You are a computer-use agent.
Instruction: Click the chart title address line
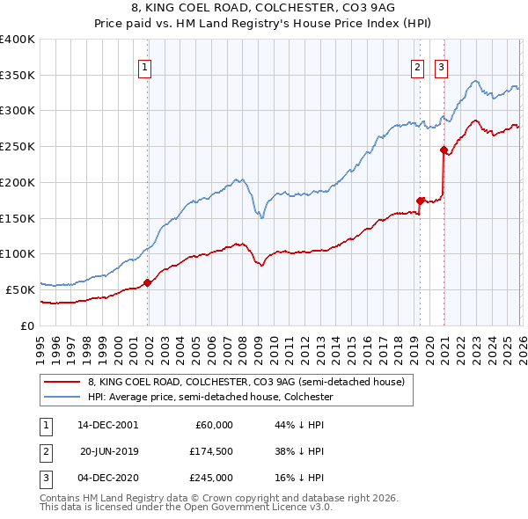point(263,9)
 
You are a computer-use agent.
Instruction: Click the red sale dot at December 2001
point(148,282)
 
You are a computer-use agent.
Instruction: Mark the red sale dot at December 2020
point(443,150)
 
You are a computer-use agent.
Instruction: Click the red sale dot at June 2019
point(420,201)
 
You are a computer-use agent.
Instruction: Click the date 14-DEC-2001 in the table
point(107,424)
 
